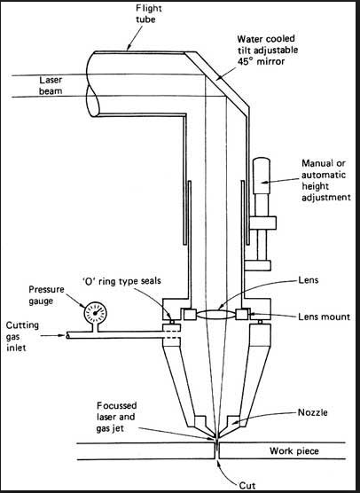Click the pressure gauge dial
pyautogui.click(x=95, y=313)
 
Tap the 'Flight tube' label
pyautogui.click(x=148, y=13)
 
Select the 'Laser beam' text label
pyautogui.click(x=51, y=85)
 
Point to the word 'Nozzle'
pyautogui.click(x=312, y=412)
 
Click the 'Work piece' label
pyautogui.click(x=294, y=451)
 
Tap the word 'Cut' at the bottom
pyautogui.click(x=247, y=485)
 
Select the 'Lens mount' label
pyautogui.click(x=324, y=317)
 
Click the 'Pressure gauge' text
pyautogui.click(x=46, y=295)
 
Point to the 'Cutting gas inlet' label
pyautogui.click(x=22, y=336)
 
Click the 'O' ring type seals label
pyautogui.click(x=121, y=281)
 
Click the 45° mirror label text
pyautogui.click(x=267, y=50)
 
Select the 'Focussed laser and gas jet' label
pyautogui.click(x=116, y=417)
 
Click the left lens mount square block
pyautogui.click(x=190, y=315)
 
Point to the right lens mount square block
pyautogui.click(x=242, y=315)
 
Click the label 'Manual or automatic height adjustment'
pyautogui.click(x=325, y=181)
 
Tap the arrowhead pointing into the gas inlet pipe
pyautogui.click(x=63, y=335)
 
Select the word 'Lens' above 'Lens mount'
pyautogui.click(x=308, y=279)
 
